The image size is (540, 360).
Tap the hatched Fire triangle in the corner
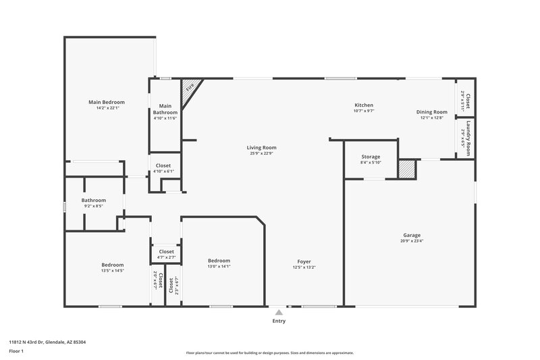click(189, 88)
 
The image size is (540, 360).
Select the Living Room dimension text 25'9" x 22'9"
click(261, 153)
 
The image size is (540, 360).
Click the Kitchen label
click(364, 105)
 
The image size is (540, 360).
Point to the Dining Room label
click(431, 111)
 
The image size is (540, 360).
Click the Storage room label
click(371, 157)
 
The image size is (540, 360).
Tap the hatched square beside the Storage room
click(406, 169)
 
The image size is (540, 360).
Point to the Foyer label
click(304, 261)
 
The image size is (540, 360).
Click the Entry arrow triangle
click(279, 312)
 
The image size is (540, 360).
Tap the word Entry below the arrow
click(279, 321)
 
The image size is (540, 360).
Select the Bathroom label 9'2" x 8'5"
click(94, 200)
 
